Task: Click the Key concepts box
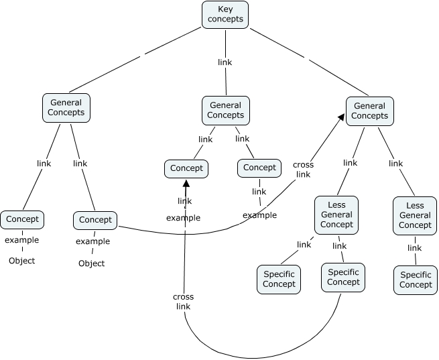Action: tap(225, 14)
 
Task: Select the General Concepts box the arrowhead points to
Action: tap(369, 111)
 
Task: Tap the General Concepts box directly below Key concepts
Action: tap(225, 111)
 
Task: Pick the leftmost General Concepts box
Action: tap(66, 108)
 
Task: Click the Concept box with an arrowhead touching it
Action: tap(186, 168)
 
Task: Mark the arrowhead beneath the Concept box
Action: tap(186, 182)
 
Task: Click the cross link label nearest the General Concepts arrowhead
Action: tap(303, 170)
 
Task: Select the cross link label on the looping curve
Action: tap(183, 302)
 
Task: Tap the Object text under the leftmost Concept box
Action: tap(21, 260)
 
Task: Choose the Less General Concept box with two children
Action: tap(336, 215)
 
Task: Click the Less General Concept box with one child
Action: tap(415, 216)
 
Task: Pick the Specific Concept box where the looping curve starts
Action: tap(343, 277)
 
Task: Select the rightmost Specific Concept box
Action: tap(416, 280)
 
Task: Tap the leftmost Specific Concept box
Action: tap(279, 279)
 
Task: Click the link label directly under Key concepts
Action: tap(225, 62)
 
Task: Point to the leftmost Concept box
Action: tap(21, 219)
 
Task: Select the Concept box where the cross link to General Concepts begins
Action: tap(95, 220)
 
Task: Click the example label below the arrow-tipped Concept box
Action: tap(183, 218)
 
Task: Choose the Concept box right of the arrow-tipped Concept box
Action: tap(259, 168)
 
